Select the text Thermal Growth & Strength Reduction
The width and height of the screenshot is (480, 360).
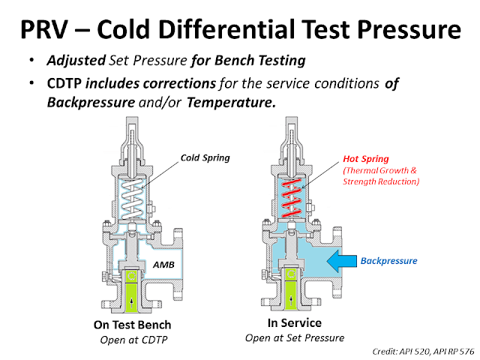[x=380, y=175]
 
